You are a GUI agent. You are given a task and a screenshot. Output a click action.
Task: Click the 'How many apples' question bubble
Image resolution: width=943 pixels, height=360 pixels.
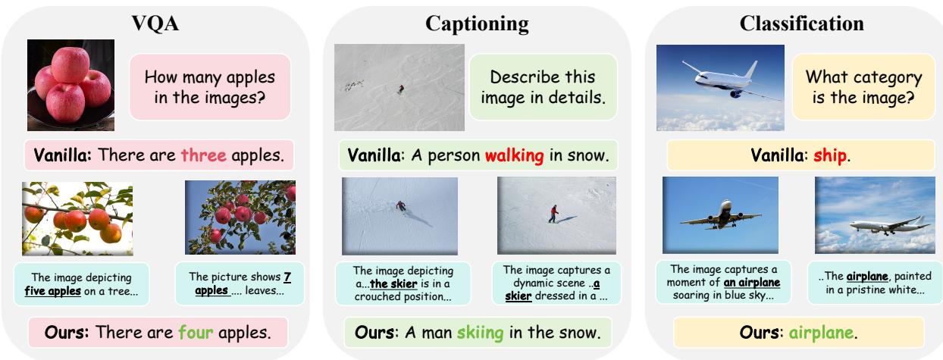pyautogui.click(x=209, y=87)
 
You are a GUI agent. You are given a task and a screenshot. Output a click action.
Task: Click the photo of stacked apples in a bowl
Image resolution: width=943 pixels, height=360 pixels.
pyautogui.click(x=70, y=86)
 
